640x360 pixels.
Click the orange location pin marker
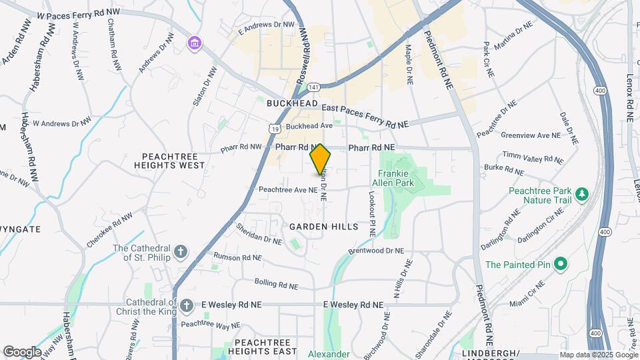(320, 159)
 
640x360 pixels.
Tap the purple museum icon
(194, 43)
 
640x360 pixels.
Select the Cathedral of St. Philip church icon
(181, 253)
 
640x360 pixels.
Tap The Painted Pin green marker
(561, 265)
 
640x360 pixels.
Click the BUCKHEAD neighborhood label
(289, 104)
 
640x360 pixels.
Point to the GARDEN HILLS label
(323, 227)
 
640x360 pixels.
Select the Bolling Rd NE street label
(275, 285)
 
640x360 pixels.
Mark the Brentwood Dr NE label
(376, 251)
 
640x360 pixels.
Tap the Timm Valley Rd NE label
(533, 157)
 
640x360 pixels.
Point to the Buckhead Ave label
(309, 125)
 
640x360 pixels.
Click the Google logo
(21, 351)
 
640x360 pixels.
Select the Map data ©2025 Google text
(597, 354)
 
